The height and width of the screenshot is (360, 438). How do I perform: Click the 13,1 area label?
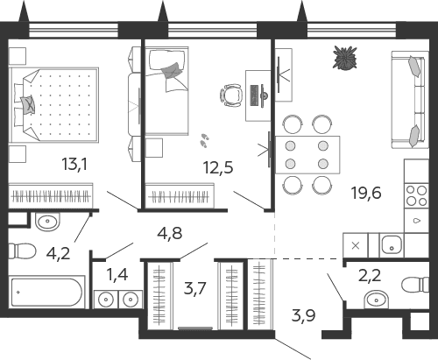(x=74, y=165)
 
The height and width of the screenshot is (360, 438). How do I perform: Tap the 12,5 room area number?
(x=218, y=167)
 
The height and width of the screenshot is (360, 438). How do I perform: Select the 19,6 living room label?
(x=366, y=193)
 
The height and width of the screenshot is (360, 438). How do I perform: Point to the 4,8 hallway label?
(x=170, y=233)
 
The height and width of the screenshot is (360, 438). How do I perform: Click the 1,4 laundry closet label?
(x=117, y=274)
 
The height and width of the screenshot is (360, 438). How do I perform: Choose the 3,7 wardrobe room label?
(x=194, y=288)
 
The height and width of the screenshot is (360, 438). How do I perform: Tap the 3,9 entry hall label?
(x=304, y=315)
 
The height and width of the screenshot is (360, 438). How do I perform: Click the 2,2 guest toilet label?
(x=370, y=275)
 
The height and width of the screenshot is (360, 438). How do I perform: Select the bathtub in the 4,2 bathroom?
(x=46, y=292)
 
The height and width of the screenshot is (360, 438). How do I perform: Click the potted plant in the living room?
(x=345, y=58)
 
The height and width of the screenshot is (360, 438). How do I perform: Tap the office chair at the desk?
(x=231, y=95)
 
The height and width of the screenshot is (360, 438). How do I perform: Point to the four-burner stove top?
(x=417, y=196)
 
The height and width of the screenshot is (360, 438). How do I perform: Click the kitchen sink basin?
(x=392, y=245)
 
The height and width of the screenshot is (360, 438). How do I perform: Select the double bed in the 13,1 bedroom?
(x=53, y=105)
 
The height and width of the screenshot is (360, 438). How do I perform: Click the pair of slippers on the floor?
(x=204, y=140)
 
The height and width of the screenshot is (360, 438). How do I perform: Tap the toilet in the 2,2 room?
(x=415, y=285)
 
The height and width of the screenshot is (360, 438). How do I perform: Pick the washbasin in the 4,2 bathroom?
(x=47, y=222)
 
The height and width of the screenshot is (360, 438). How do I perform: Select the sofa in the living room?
(x=408, y=100)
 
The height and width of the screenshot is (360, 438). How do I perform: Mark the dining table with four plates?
(x=307, y=155)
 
